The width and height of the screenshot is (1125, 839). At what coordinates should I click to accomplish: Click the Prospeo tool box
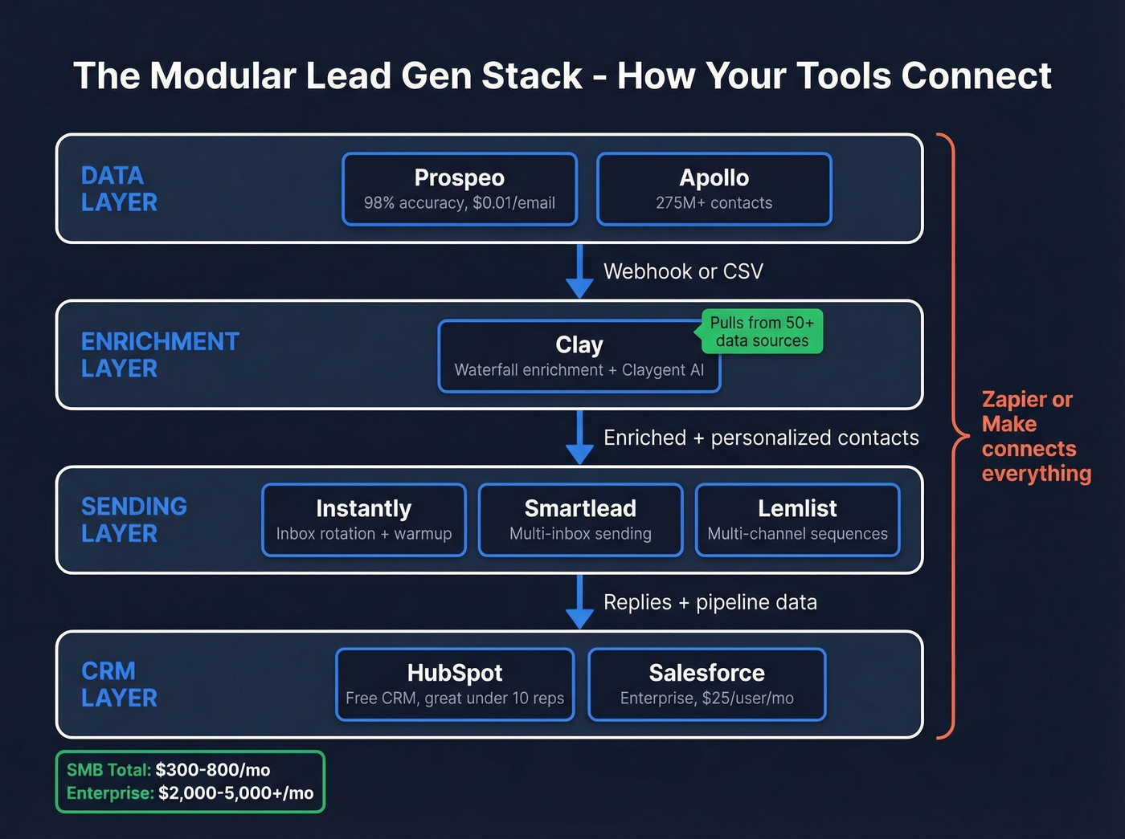460,189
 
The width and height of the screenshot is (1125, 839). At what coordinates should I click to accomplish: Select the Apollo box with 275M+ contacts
714,189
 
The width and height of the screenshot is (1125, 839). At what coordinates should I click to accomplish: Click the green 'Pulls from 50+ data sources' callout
762,332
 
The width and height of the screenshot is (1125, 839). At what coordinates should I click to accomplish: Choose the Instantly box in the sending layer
364,520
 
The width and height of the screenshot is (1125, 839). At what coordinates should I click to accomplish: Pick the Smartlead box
580,520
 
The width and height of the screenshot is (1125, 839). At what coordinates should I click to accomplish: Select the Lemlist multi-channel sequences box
797,520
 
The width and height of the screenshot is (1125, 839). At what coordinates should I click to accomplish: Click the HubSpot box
455,684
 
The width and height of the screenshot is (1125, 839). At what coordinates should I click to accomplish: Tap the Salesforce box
706,684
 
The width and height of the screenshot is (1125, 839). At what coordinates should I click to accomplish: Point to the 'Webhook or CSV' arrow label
683,271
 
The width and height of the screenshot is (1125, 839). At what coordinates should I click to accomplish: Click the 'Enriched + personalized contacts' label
760,438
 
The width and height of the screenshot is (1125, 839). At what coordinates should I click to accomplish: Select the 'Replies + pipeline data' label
710,602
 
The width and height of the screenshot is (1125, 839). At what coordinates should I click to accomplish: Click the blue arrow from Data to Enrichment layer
579,271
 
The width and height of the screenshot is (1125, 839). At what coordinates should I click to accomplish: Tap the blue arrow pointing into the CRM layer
579,602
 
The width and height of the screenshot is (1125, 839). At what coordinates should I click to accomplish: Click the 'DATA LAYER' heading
119,189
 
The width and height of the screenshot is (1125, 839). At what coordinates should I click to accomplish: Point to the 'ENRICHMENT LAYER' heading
159,355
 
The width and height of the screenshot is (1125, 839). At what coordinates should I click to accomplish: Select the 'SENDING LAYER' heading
133,519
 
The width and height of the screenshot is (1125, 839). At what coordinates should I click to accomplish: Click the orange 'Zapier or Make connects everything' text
1035,436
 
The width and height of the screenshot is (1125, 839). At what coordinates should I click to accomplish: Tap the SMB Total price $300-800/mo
212,770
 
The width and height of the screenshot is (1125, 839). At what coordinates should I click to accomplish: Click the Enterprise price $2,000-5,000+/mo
235,793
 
